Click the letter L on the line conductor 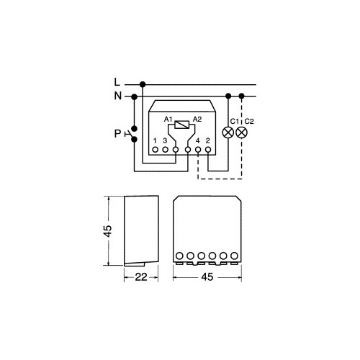pos(117,82)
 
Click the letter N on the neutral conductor pos(118,96)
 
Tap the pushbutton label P pos(117,134)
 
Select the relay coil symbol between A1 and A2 pos(181,125)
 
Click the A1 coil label pos(168,120)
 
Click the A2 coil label pos(197,120)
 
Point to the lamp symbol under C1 pos(228,132)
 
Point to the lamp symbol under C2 pos(242,132)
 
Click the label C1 pos(235,122)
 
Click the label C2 pos(249,122)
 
